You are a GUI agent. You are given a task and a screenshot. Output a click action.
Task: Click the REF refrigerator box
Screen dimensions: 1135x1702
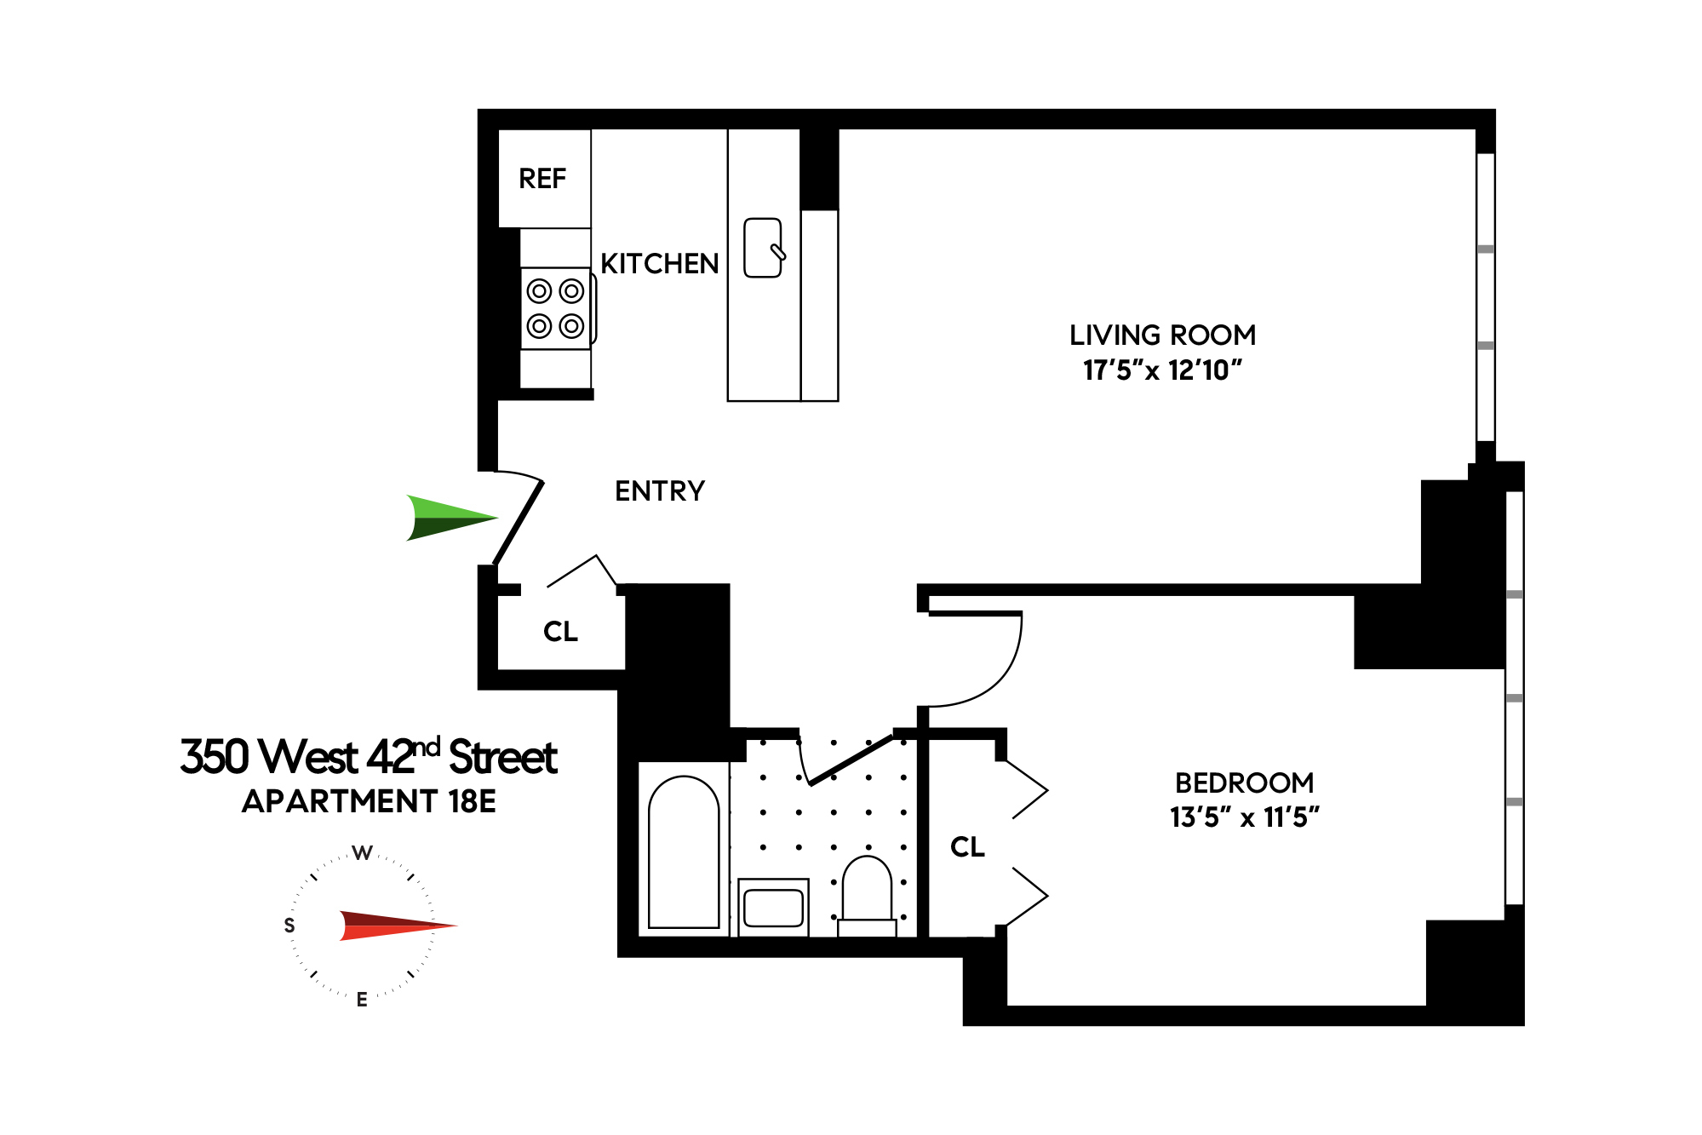pyautogui.click(x=543, y=179)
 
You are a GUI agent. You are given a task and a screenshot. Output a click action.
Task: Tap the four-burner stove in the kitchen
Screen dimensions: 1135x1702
pyautogui.click(x=556, y=308)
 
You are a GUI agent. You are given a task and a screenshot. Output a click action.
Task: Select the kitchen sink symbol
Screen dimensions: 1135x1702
pyautogui.click(x=763, y=248)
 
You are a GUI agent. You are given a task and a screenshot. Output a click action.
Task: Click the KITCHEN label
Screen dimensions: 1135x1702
pyautogui.click(x=660, y=264)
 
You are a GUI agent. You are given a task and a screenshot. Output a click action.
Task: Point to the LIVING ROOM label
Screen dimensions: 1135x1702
pyautogui.click(x=1162, y=335)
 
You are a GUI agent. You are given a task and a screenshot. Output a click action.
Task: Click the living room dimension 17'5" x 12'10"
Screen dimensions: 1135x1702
pyautogui.click(x=1162, y=370)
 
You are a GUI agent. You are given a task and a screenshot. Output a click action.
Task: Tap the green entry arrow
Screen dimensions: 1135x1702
pyautogui.click(x=447, y=518)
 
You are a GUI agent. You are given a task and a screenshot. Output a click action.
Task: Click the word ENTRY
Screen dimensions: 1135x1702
pyautogui.click(x=660, y=491)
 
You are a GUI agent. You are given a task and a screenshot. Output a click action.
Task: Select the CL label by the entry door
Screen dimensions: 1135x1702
pyautogui.click(x=560, y=631)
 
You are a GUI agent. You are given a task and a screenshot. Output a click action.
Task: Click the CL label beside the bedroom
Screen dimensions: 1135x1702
pyautogui.click(x=967, y=846)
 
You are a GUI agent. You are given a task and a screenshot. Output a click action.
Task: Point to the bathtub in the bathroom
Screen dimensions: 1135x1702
pyautogui.click(x=684, y=851)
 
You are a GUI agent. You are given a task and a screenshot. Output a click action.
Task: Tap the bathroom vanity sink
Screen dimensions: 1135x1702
pyautogui.click(x=773, y=908)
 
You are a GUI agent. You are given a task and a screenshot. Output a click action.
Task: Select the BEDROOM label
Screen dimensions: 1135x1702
pyautogui.click(x=1244, y=782)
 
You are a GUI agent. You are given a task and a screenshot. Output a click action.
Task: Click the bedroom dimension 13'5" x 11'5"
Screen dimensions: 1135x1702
pyautogui.click(x=1244, y=817)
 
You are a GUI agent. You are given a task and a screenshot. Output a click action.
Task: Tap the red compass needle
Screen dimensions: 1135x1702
pyautogui.click(x=396, y=926)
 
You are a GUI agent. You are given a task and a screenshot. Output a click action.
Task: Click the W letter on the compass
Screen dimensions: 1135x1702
pyautogui.click(x=363, y=853)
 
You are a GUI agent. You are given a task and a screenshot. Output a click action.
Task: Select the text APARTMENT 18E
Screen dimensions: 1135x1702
pyautogui.click(x=369, y=801)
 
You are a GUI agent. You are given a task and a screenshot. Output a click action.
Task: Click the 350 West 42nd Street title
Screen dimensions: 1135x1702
pyautogui.click(x=369, y=756)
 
